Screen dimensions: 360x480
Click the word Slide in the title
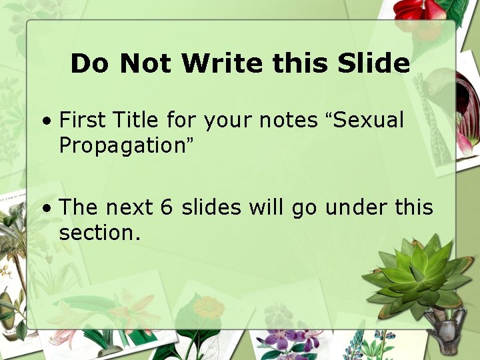pyautogui.click(x=373, y=63)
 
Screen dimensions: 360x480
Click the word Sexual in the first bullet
pyautogui.click(x=369, y=121)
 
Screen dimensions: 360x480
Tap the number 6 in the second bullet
pyautogui.click(x=167, y=208)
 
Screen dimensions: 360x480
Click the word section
pyautogui.click(x=99, y=233)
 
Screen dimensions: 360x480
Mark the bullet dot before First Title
pyautogui.click(x=45, y=122)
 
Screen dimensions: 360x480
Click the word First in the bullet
pyautogui.click(x=83, y=121)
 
